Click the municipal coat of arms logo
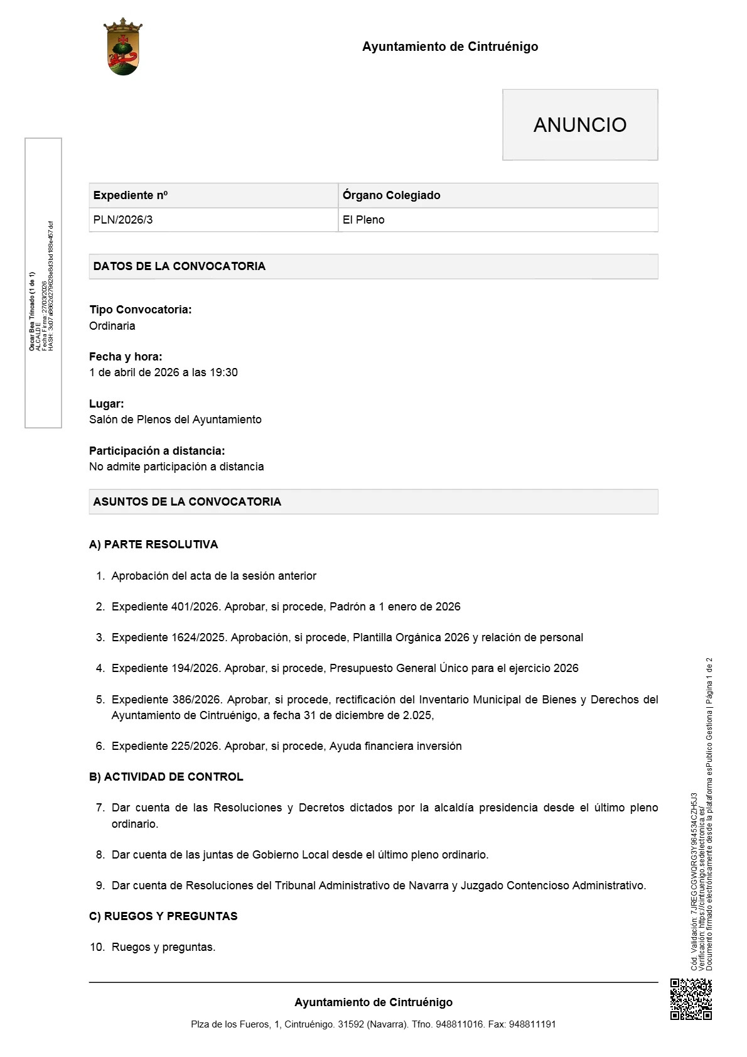click(x=123, y=47)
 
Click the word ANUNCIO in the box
click(x=579, y=125)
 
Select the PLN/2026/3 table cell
click(x=123, y=220)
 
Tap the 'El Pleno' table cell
click(x=363, y=220)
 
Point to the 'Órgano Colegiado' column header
click(x=391, y=195)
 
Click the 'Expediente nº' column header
click(x=131, y=195)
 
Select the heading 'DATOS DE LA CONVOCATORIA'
click(x=180, y=266)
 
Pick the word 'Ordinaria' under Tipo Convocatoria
click(x=112, y=326)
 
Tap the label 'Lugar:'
click(x=107, y=404)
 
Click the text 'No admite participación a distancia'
click(x=176, y=467)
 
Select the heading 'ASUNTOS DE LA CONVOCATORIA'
click(x=187, y=502)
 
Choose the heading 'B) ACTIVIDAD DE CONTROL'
click(x=166, y=777)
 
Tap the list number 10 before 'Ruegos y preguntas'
click(x=97, y=947)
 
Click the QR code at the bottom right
click(x=691, y=999)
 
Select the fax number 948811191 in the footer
click(x=532, y=1024)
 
